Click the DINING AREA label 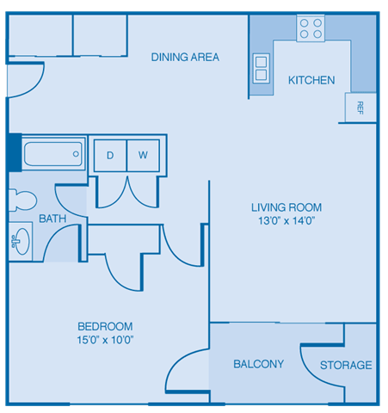click(x=185, y=58)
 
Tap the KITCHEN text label click(x=311, y=81)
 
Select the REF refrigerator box click(x=360, y=108)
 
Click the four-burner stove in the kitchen click(x=310, y=29)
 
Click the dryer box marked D click(x=110, y=156)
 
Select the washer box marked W click(x=143, y=156)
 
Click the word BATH click(x=52, y=219)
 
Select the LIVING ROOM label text click(x=286, y=207)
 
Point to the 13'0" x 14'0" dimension click(x=286, y=221)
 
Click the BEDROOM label click(x=105, y=326)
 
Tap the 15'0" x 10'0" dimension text click(x=105, y=340)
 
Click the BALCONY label click(x=258, y=365)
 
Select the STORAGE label click(x=346, y=366)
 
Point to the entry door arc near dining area click(x=26, y=83)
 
